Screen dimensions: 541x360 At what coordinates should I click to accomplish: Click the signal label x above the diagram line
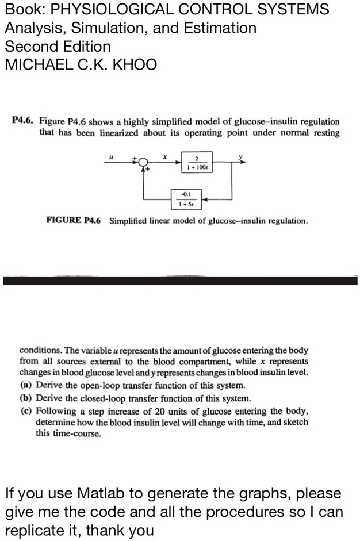[x=164, y=155]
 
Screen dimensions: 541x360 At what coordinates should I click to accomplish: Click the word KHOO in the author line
[x=137, y=64]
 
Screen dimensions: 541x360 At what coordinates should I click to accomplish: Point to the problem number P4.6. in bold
[x=23, y=122]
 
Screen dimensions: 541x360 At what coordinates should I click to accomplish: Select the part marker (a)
[x=26, y=385]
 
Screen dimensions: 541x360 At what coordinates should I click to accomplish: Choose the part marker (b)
[x=26, y=398]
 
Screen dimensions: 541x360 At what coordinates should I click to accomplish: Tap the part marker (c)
[x=26, y=410]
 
